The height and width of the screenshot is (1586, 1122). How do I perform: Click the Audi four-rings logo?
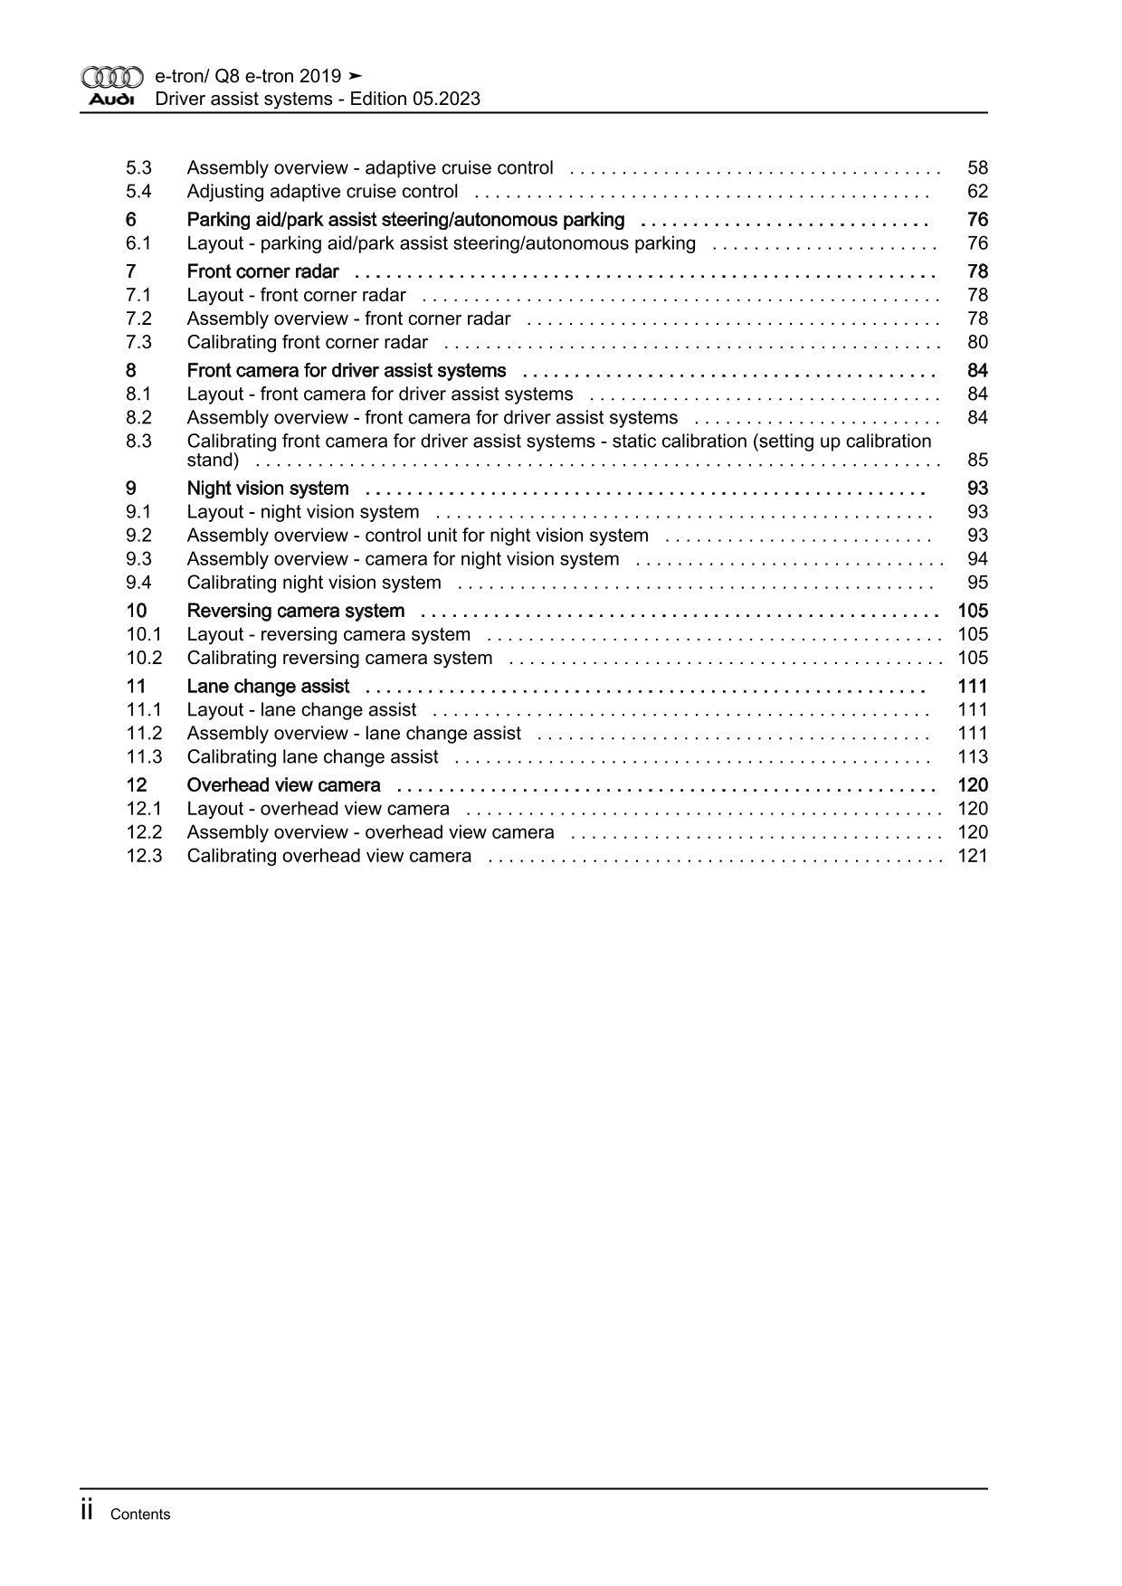tap(112, 78)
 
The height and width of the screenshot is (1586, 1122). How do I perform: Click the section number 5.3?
tap(138, 168)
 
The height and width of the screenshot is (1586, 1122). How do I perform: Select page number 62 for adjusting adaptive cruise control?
tap(977, 192)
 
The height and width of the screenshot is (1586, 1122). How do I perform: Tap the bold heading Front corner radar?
tap(262, 271)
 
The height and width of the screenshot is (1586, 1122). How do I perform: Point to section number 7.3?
tap(138, 342)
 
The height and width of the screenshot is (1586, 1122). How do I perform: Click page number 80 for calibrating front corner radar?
tap(977, 342)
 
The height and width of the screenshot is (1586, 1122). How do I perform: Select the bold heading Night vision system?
tap(268, 489)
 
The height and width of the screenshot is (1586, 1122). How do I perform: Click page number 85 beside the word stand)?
tap(977, 461)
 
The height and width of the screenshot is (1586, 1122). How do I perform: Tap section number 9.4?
tap(138, 583)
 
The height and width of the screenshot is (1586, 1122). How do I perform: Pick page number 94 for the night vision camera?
tap(977, 559)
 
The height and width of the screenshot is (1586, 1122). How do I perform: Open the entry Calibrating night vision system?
tap(314, 583)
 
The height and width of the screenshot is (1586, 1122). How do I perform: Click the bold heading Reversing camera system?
tap(295, 611)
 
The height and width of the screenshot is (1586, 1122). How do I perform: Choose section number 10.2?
tap(144, 658)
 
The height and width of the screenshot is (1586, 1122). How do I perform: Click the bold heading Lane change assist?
tap(268, 686)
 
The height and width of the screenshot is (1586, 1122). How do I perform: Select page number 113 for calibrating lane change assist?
tap(973, 756)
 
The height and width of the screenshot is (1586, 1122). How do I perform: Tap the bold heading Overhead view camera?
tap(283, 785)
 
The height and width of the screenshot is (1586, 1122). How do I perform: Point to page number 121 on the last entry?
tap(973, 856)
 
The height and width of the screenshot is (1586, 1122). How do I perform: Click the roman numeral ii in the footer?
tap(88, 1510)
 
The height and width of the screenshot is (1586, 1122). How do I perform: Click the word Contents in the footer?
tap(139, 1515)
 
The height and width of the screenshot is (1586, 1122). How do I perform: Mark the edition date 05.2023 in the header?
tap(447, 100)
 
